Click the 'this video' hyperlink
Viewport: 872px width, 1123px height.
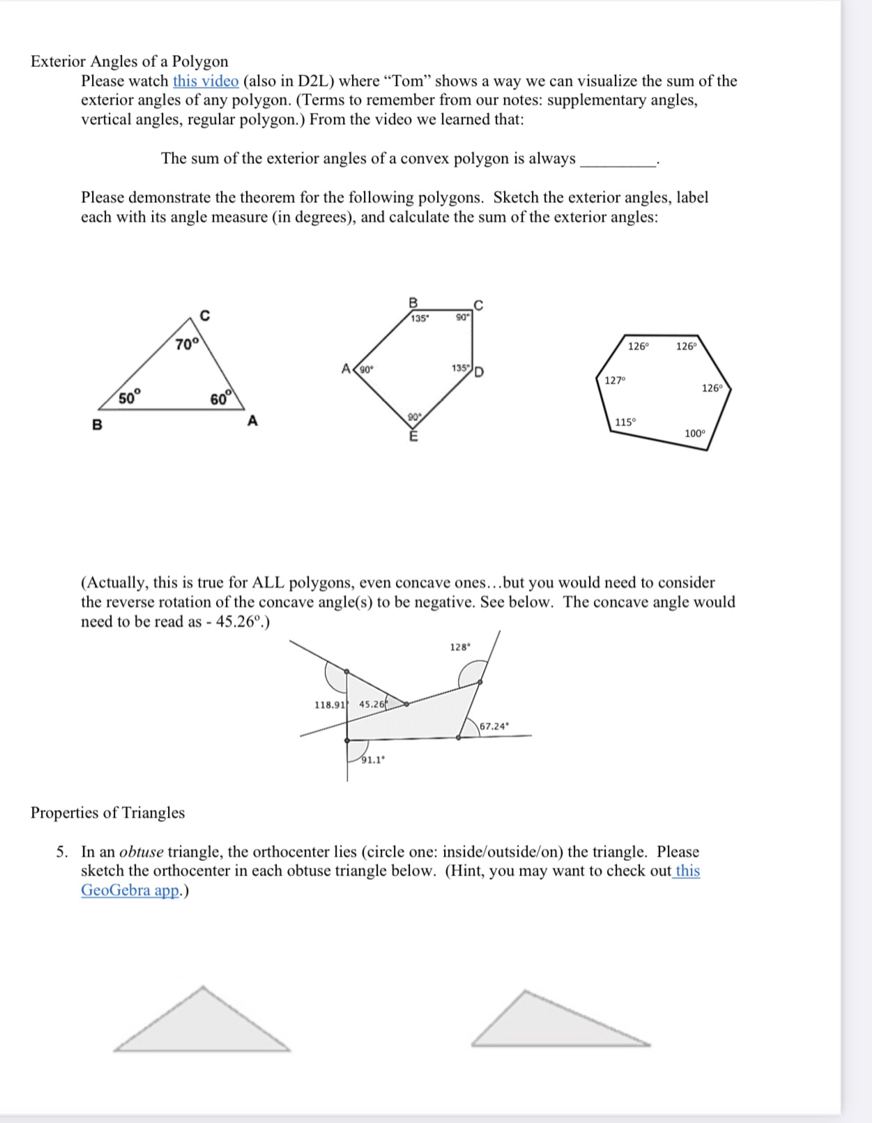coord(206,81)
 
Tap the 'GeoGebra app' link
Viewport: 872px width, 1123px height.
coord(131,890)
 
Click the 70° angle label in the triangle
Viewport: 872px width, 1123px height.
coord(187,344)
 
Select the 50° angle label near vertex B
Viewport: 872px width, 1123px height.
coord(129,398)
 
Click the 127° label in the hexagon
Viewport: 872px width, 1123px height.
coord(615,380)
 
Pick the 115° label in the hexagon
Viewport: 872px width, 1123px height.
coord(625,422)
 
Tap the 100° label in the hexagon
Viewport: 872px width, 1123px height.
coord(694,433)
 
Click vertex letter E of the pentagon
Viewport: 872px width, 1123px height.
coord(413,437)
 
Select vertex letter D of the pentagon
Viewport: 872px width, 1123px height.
coord(480,371)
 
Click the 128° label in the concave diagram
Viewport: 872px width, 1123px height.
coord(460,647)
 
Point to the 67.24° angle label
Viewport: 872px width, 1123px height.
coord(494,726)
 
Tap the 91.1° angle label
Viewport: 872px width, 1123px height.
coord(372,760)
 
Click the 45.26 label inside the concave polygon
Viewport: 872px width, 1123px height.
coord(372,704)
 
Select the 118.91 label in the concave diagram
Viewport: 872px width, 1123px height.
coord(330,705)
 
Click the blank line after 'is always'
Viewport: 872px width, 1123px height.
coord(618,160)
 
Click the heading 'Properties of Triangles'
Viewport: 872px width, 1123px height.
coord(107,813)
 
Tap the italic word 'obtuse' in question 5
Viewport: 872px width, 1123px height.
coord(141,852)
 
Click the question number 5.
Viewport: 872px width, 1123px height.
coord(62,852)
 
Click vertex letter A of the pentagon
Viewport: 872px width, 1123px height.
coord(346,368)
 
